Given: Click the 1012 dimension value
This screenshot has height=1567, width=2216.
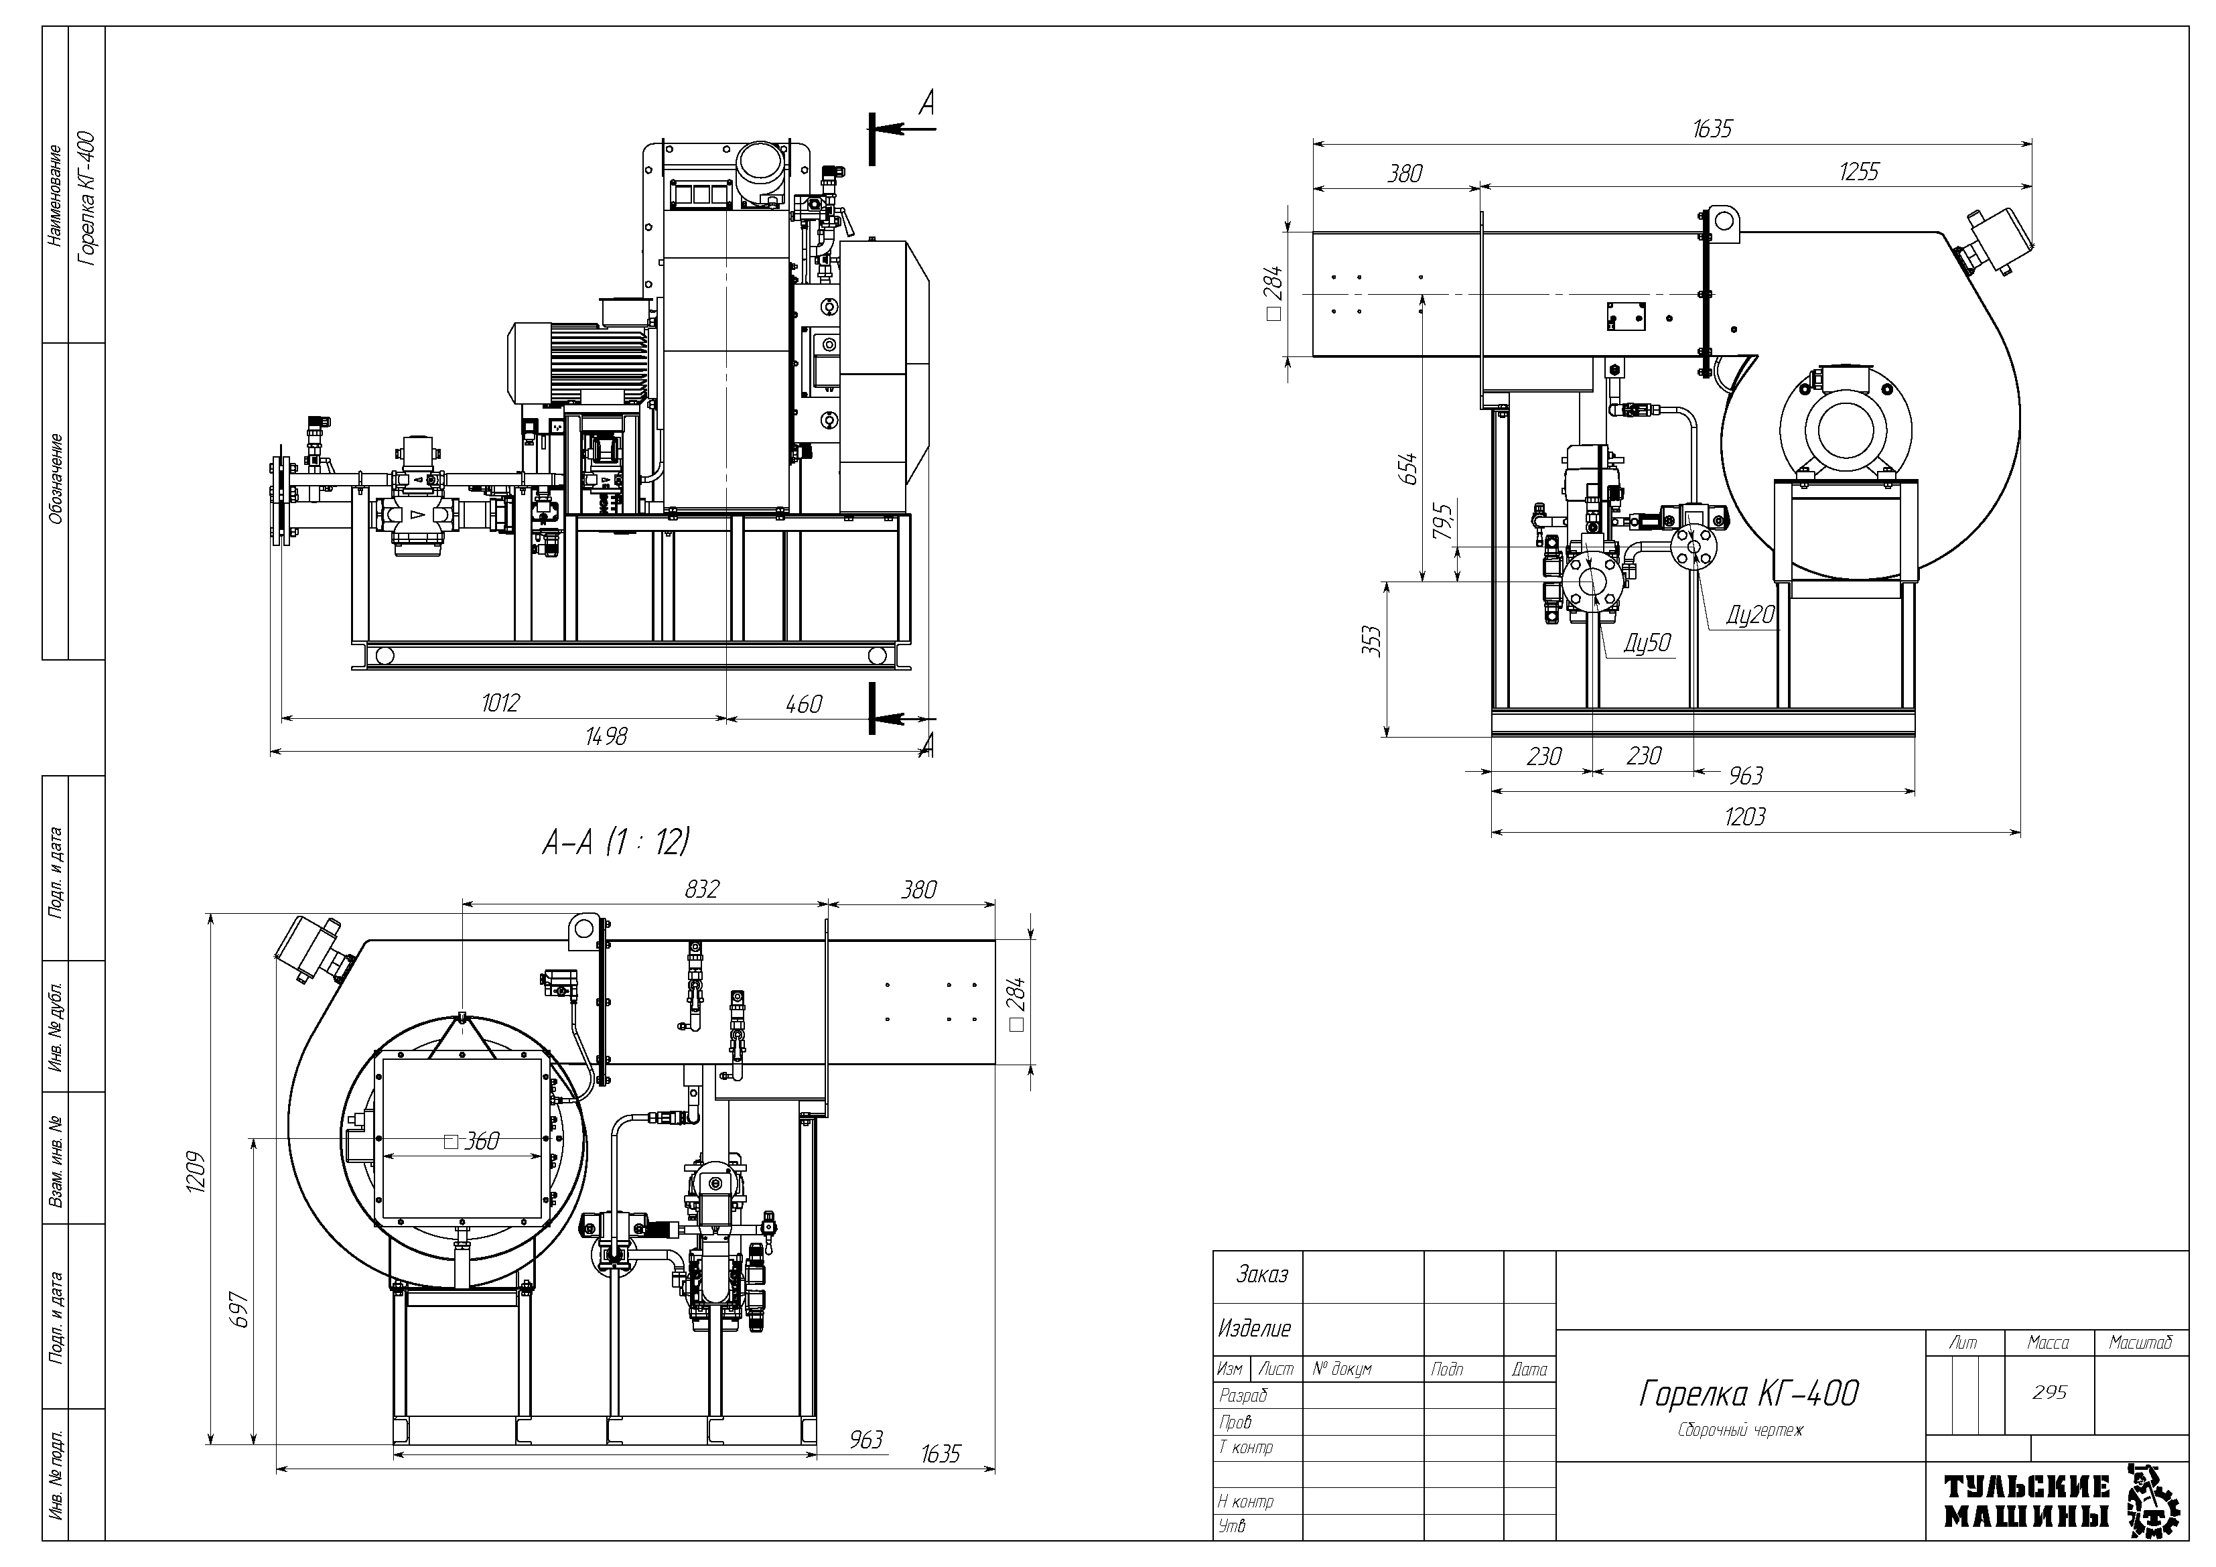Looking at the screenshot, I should [x=500, y=703].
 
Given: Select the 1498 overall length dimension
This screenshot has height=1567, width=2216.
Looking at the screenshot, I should [x=606, y=737].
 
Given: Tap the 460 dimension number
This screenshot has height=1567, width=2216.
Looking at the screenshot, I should [x=803, y=704].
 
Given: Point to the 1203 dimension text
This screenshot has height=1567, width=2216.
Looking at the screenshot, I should [x=1745, y=817].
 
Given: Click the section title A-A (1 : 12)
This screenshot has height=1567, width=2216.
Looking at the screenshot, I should [x=616, y=843].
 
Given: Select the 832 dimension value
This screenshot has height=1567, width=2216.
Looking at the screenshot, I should [x=701, y=889].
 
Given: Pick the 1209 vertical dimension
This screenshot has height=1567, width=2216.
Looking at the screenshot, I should [x=196, y=1171].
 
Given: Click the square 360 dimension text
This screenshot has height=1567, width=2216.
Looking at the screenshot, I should [x=472, y=1141].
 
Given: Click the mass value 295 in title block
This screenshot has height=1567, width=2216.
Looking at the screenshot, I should [x=2049, y=1392].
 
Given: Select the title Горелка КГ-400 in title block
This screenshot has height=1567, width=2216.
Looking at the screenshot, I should [x=1749, y=1393].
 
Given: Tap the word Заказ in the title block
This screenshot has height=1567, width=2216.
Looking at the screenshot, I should [x=1261, y=1274].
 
